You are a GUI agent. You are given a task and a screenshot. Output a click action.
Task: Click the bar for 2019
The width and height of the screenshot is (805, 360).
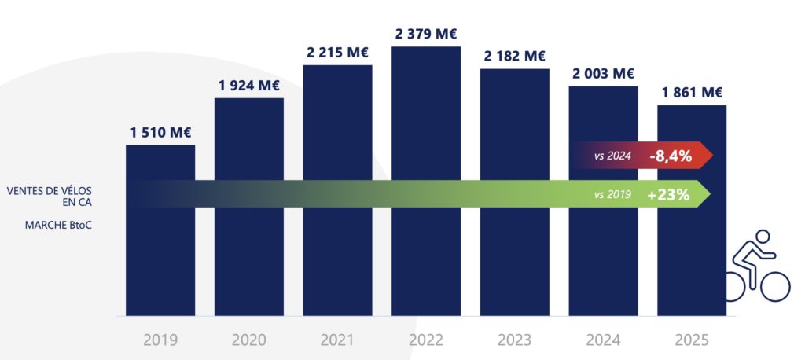[160, 252]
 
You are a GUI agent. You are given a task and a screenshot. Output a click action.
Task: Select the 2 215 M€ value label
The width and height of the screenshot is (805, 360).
[337, 53]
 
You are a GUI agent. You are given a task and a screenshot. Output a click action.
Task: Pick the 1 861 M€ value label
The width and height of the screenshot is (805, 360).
[692, 92]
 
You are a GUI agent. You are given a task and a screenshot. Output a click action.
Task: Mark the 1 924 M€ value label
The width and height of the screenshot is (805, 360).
[249, 86]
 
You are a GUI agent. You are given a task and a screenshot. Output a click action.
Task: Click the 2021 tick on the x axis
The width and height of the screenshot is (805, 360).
[337, 340]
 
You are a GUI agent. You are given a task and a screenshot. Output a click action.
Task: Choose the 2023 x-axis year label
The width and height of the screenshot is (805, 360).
[515, 340]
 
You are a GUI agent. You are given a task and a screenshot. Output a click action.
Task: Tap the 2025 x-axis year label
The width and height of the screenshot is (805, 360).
[692, 340]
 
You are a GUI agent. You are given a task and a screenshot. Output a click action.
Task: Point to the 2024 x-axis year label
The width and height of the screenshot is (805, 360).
[603, 340]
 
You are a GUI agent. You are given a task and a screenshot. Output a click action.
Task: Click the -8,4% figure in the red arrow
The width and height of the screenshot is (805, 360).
[670, 156]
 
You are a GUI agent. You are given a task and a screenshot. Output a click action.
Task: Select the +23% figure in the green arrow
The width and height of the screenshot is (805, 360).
[668, 194]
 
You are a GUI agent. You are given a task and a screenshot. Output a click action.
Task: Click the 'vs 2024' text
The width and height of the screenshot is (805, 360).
[613, 156]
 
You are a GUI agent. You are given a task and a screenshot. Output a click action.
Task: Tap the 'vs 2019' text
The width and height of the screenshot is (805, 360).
[613, 194]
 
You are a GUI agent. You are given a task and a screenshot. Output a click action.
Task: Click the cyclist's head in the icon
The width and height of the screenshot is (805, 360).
[761, 237]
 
